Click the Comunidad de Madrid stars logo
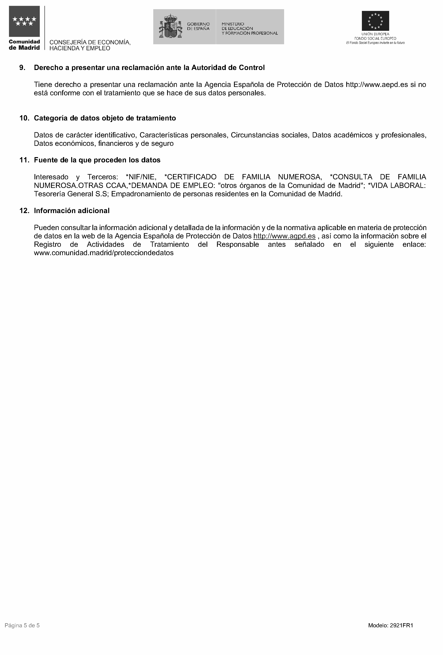(x=24, y=21)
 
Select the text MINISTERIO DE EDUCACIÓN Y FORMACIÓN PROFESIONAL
(x=249, y=28)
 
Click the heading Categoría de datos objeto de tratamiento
(x=105, y=118)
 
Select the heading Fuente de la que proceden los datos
(x=97, y=160)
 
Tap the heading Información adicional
(x=72, y=211)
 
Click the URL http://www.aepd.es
(x=377, y=85)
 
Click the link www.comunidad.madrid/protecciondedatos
(x=104, y=253)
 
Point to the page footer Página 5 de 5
(x=22, y=625)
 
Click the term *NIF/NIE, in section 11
(x=141, y=177)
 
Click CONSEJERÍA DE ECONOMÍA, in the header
(x=90, y=42)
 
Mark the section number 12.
(x=24, y=211)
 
